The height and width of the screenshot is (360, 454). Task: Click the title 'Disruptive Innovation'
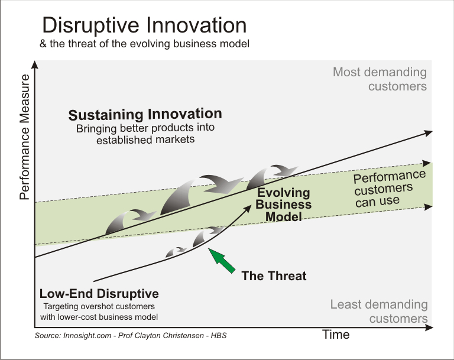(144, 25)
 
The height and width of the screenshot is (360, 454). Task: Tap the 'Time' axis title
(336, 335)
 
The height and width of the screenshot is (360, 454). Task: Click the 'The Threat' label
(274, 275)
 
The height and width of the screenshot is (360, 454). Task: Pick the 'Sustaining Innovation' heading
(145, 114)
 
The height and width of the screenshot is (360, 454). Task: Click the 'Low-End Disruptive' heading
(99, 294)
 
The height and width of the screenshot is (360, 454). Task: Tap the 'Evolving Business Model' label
(283, 205)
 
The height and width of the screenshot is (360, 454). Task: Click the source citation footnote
(131, 336)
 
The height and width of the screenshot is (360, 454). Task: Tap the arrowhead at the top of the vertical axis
(36, 70)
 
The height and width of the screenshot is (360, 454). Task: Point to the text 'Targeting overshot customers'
(99, 307)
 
